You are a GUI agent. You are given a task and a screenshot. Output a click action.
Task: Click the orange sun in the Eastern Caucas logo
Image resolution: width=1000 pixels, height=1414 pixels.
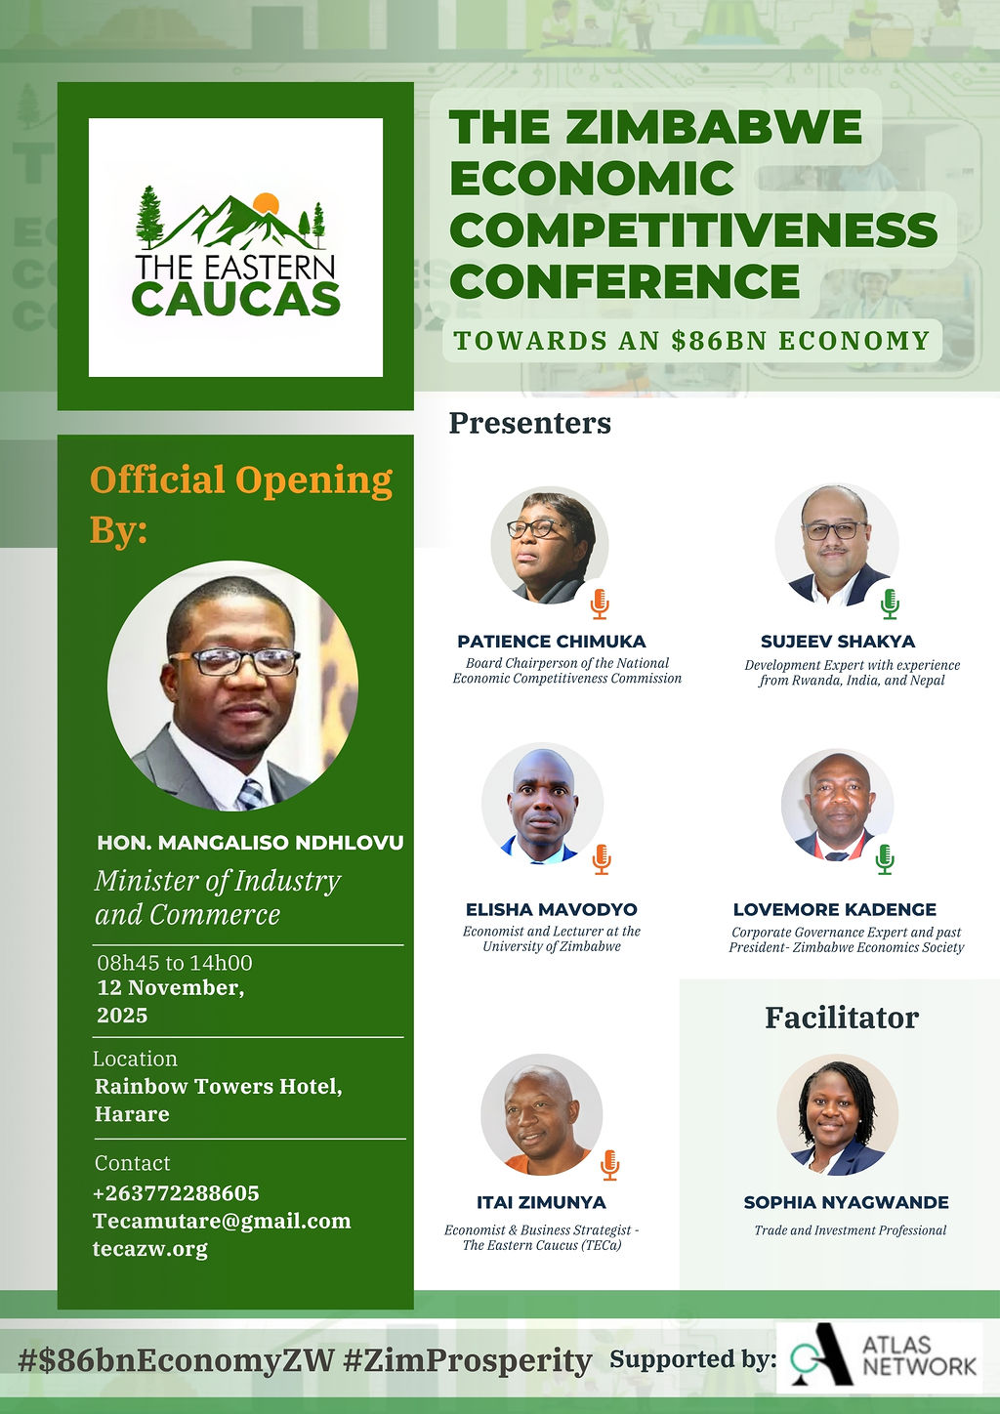coord(266,203)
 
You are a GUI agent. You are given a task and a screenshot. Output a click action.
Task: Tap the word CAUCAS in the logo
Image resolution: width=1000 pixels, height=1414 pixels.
coord(236,299)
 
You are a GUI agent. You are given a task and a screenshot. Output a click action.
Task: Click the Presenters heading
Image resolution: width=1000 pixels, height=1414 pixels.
coord(529,422)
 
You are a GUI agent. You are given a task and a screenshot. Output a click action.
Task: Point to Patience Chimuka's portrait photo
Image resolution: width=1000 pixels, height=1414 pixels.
coord(549,545)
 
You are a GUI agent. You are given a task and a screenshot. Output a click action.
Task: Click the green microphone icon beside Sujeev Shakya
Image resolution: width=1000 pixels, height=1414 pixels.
coord(890,603)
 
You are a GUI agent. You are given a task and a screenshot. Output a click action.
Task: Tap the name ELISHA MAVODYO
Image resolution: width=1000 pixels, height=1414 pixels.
coord(551,909)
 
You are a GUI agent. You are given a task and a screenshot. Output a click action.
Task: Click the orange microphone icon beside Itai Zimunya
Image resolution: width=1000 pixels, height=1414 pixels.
coord(609,1165)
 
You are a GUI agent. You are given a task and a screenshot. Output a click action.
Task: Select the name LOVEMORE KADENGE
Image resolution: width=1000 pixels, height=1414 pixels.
coord(835,909)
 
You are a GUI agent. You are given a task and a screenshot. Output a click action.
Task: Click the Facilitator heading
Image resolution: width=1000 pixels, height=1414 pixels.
coord(842,1018)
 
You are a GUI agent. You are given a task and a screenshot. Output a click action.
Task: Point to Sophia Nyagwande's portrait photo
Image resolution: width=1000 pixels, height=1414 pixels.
coord(837,1115)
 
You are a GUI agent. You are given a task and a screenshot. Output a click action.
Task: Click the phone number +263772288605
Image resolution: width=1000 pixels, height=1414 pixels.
coord(176,1193)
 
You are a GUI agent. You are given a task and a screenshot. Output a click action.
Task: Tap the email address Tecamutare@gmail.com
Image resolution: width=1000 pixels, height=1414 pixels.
coord(222,1221)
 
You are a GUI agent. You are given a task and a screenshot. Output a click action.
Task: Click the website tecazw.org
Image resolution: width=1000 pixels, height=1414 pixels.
coord(150,1249)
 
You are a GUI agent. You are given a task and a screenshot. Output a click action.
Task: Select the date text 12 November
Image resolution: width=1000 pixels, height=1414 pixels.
coord(171,987)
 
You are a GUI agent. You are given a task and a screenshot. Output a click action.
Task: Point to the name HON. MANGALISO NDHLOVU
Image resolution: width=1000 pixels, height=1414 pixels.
coord(250,843)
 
